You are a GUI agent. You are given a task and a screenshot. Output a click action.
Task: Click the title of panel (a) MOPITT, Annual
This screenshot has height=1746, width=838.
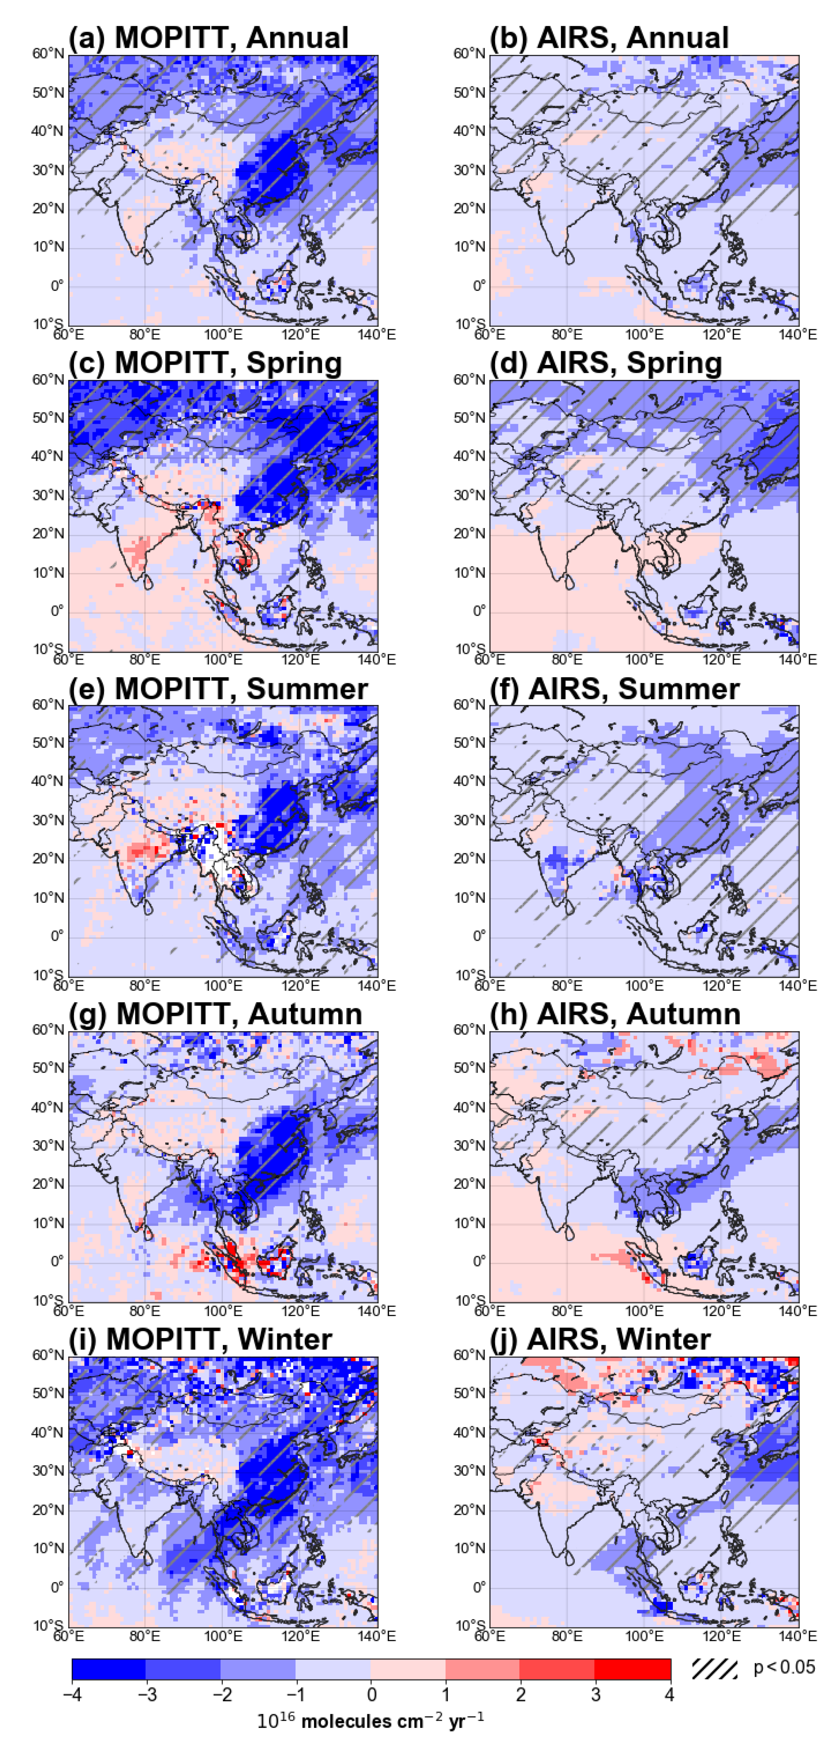209,37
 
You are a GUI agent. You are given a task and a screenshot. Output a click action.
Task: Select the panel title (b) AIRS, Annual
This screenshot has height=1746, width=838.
609,37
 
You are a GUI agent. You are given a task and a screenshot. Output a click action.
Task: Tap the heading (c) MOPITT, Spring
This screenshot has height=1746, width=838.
205,363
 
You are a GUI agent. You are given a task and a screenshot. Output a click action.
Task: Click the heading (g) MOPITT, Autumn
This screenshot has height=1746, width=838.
215,1014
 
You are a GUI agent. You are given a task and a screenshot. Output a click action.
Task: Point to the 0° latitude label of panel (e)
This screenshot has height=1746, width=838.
57,936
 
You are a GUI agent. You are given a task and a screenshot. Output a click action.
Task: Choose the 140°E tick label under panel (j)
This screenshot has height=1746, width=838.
798,1636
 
